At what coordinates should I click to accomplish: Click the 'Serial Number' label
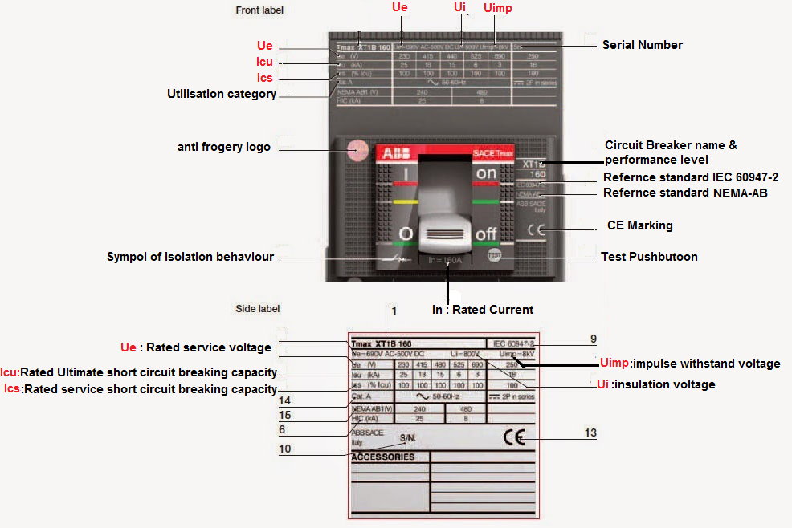[642, 45]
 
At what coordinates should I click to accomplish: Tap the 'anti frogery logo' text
[224, 147]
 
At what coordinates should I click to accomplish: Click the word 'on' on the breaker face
[487, 173]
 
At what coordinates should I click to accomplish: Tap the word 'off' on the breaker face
[487, 235]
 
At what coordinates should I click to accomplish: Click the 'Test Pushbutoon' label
[649, 257]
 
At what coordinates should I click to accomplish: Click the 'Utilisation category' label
[222, 94]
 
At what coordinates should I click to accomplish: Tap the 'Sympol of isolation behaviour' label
[190, 257]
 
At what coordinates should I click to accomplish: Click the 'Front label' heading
[259, 10]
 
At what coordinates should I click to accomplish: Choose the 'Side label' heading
[258, 308]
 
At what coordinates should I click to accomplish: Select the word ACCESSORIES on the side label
[383, 457]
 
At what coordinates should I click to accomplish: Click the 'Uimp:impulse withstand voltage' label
[690, 364]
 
